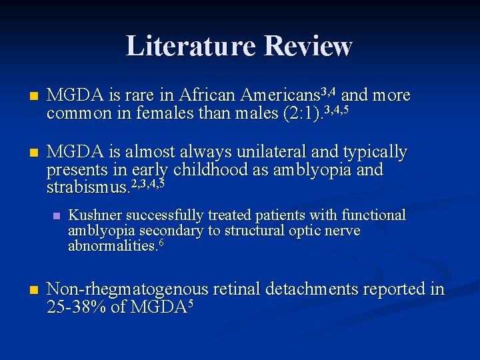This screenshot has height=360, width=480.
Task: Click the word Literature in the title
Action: pyautogui.click(x=191, y=46)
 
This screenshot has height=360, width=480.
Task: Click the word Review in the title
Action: pyautogui.click(x=307, y=46)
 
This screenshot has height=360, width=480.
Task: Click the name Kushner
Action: pyautogui.click(x=94, y=215)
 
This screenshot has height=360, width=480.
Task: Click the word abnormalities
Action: pyautogui.click(x=111, y=246)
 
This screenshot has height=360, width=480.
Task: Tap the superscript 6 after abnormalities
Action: pyautogui.click(x=161, y=243)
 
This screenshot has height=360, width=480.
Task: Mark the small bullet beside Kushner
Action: pyautogui.click(x=55, y=216)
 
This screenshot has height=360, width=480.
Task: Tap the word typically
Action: pyautogui.click(x=374, y=153)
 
